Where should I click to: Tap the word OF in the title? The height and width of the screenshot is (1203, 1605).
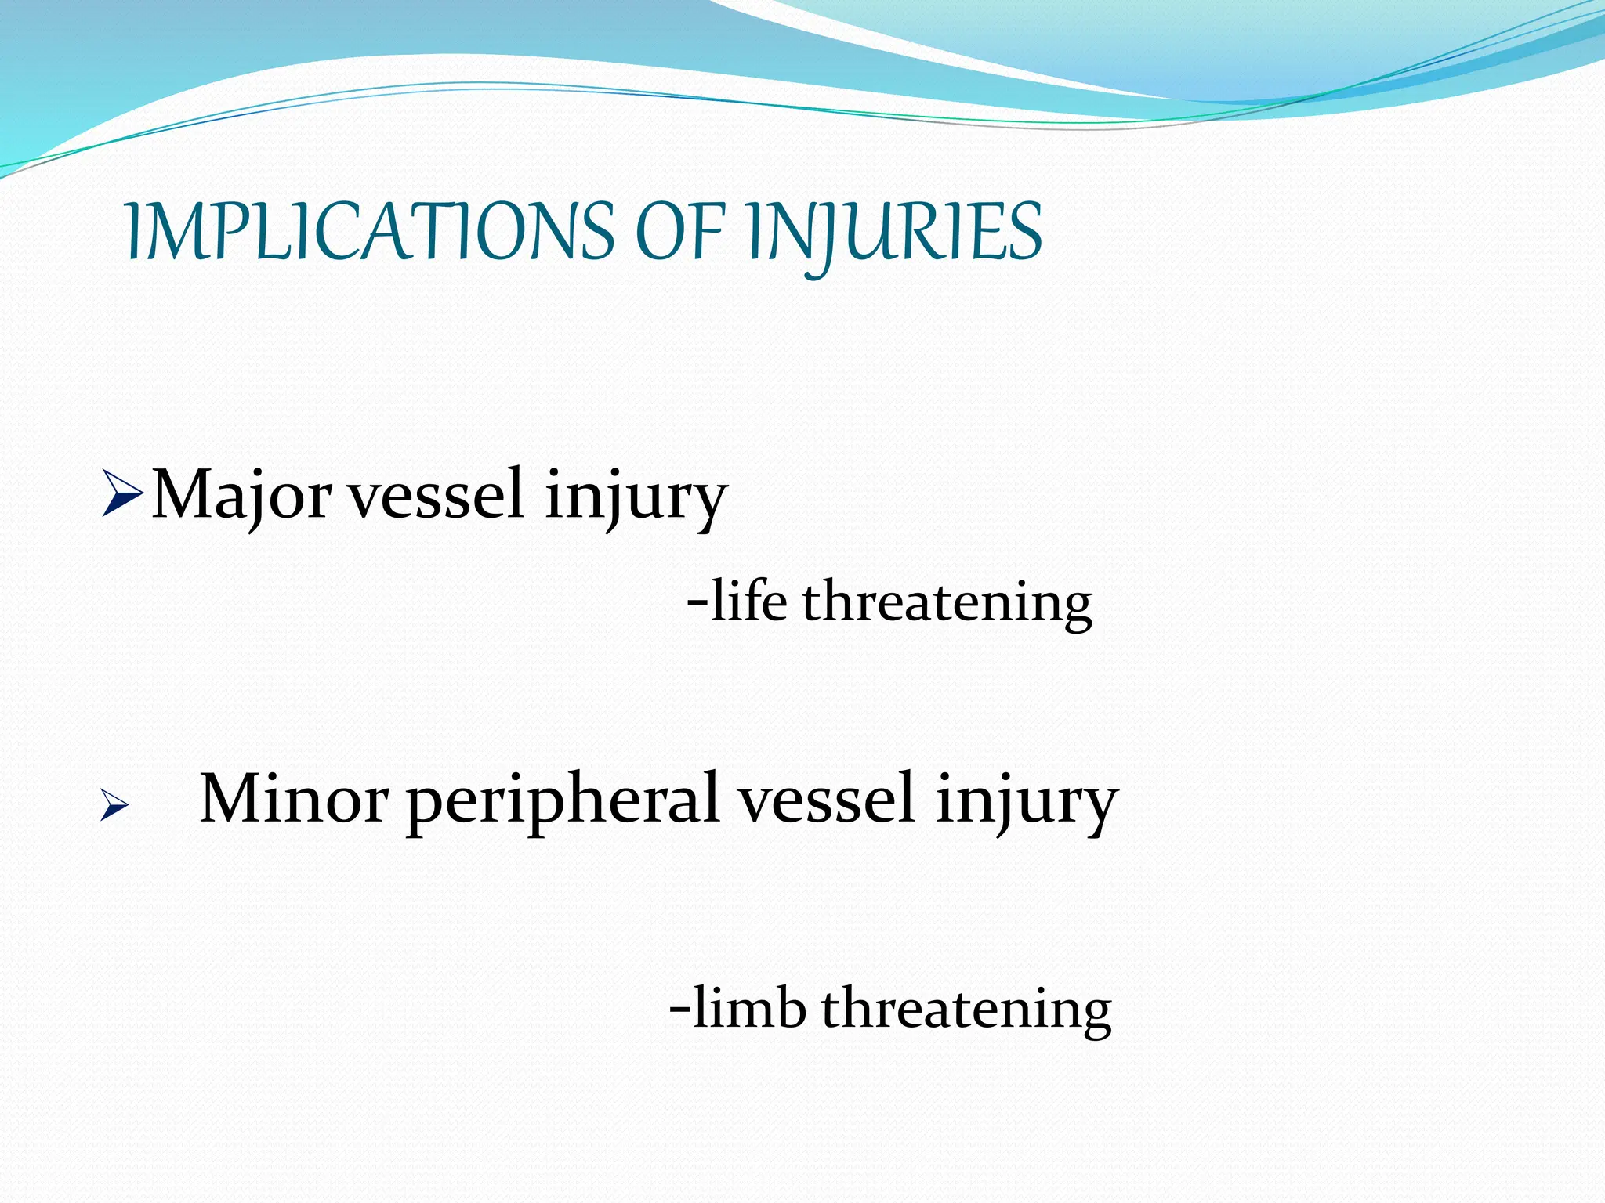click(679, 232)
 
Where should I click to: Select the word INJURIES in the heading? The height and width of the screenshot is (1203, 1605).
click(894, 232)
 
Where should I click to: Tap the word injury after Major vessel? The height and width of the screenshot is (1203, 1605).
click(636, 497)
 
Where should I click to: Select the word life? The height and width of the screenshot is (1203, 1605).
click(749, 602)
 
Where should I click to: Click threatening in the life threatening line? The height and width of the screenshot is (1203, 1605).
click(947, 604)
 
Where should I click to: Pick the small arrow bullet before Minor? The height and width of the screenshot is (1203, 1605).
click(114, 806)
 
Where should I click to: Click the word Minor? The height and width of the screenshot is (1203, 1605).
click(294, 800)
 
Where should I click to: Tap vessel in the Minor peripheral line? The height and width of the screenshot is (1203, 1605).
click(828, 800)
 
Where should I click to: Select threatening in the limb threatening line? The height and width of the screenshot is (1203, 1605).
click(966, 1010)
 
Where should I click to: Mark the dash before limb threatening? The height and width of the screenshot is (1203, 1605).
click(680, 1010)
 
